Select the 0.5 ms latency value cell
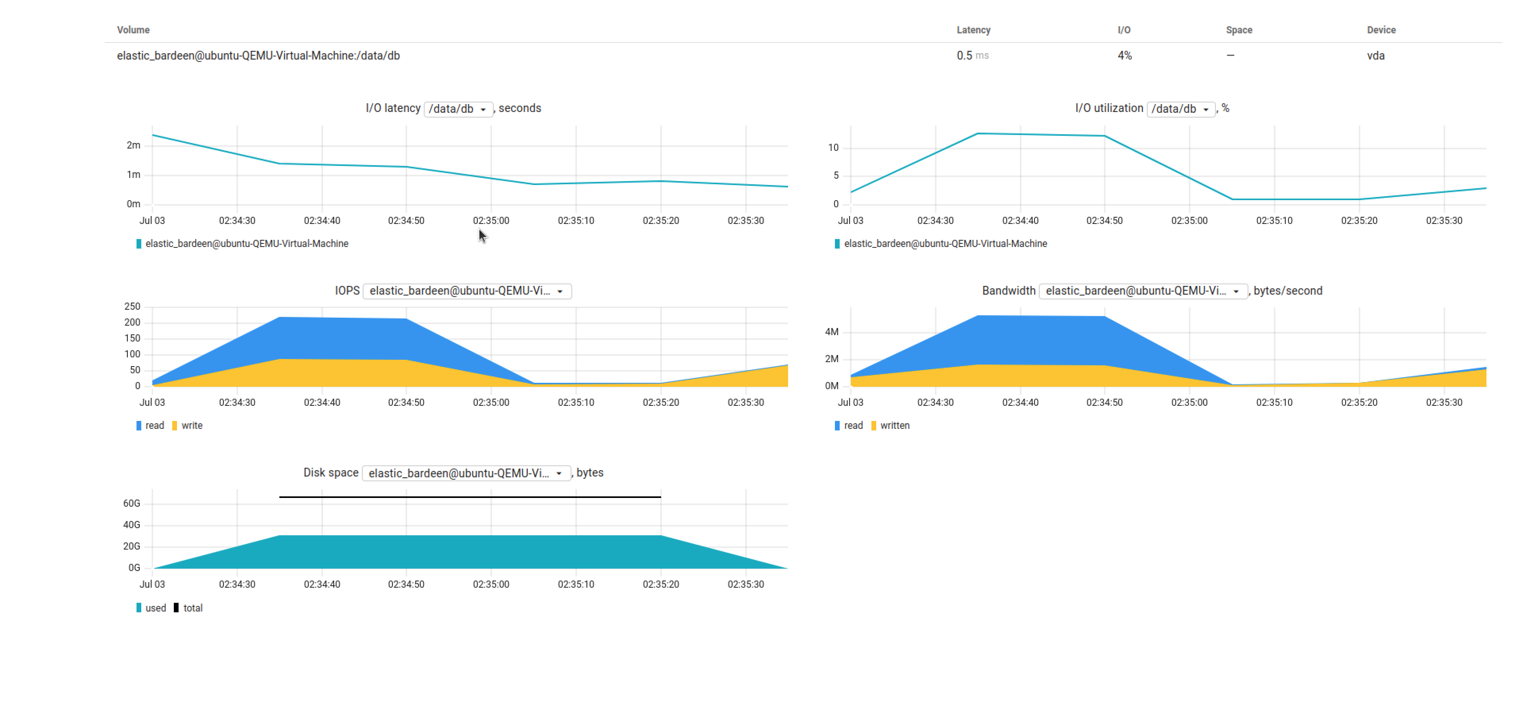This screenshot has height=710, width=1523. pyautogui.click(x=972, y=56)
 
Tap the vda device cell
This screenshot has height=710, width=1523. pyautogui.click(x=1375, y=56)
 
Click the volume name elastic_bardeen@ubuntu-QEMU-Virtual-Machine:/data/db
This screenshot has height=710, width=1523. pyautogui.click(x=258, y=56)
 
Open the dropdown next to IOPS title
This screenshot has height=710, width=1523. pyautogui.click(x=467, y=291)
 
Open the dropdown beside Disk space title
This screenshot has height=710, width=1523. pyautogui.click(x=465, y=473)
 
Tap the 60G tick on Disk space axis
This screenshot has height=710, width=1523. pyautogui.click(x=131, y=504)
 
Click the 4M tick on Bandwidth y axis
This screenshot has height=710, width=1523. pyautogui.click(x=831, y=332)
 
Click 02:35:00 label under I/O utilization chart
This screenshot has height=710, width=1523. pyautogui.click(x=1189, y=221)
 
